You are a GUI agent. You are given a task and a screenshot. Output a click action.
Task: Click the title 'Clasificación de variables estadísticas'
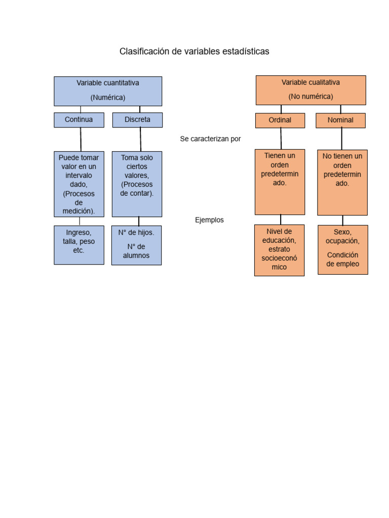click(194, 52)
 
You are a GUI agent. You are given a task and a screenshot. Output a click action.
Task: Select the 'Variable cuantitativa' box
click(108, 91)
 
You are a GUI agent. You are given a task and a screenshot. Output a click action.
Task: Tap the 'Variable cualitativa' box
click(310, 90)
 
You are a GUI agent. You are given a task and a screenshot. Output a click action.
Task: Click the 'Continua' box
click(79, 120)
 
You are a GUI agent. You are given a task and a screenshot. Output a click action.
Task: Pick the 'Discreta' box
click(137, 120)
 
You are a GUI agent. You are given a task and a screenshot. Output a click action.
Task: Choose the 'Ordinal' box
click(280, 120)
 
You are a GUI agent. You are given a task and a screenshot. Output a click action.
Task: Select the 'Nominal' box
click(340, 120)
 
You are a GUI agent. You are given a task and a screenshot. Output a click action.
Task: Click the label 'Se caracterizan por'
click(210, 139)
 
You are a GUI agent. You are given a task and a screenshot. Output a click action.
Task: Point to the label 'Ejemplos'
click(209, 220)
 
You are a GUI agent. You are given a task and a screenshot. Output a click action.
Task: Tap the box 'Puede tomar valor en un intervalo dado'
click(79, 184)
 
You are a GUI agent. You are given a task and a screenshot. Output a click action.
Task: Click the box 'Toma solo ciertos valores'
click(137, 184)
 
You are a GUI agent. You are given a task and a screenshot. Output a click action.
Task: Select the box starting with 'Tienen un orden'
click(280, 182)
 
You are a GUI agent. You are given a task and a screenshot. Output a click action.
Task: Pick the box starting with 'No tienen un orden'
click(342, 183)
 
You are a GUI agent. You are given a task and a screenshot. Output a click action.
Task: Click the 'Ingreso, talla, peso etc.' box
click(79, 245)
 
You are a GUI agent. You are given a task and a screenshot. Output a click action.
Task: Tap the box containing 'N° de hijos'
click(137, 245)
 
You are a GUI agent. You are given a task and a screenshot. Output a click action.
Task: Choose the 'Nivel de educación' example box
click(279, 250)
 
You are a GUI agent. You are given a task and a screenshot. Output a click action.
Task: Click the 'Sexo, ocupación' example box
click(343, 249)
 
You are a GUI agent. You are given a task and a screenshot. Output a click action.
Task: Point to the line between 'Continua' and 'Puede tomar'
click(81, 139)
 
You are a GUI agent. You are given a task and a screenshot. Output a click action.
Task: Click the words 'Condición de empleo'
click(343, 260)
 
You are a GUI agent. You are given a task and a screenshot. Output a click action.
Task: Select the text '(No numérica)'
click(310, 96)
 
